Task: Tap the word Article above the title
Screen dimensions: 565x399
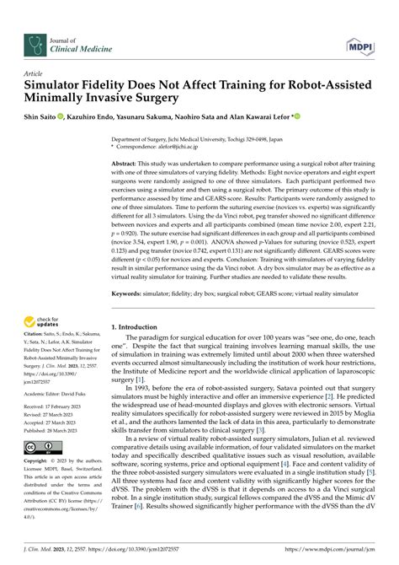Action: point(35,74)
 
